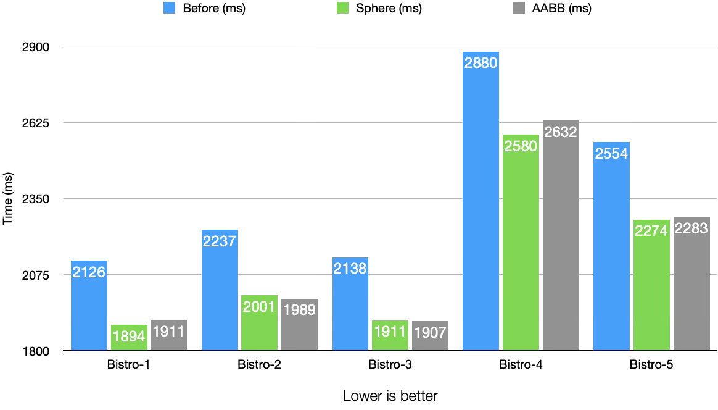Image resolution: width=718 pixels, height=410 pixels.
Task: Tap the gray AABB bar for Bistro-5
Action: click(691, 284)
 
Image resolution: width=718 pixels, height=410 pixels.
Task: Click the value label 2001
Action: click(259, 307)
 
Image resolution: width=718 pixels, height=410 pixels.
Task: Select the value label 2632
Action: click(561, 132)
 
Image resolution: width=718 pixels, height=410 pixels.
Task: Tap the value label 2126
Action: click(89, 272)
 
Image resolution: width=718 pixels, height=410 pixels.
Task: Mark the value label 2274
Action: click(651, 230)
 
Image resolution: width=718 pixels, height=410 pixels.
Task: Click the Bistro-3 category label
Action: click(390, 365)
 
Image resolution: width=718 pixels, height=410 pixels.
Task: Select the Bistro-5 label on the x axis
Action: click(651, 365)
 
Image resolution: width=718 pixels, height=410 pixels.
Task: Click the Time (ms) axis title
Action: click(8, 199)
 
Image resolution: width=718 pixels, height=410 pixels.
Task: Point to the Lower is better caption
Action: click(390, 396)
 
